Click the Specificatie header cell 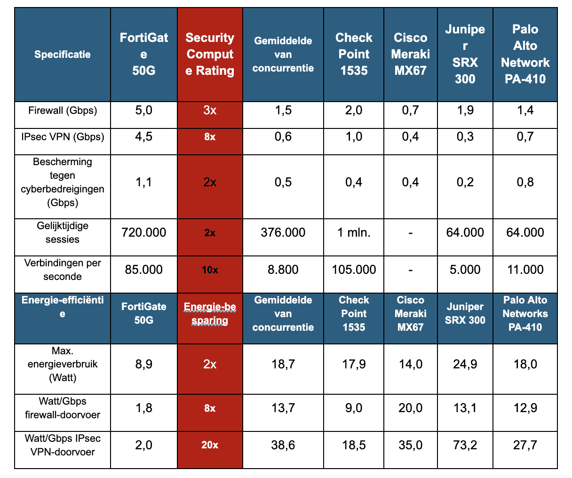(x=63, y=55)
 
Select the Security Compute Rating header (x=210, y=54)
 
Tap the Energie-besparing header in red (x=210, y=314)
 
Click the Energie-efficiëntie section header (x=63, y=307)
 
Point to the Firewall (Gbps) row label (x=63, y=111)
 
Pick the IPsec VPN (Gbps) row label (x=63, y=137)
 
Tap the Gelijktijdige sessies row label (x=63, y=232)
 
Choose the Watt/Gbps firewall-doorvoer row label (x=63, y=408)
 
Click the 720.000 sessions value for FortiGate (x=144, y=232)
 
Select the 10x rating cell (x=210, y=270)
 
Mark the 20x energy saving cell (x=210, y=445)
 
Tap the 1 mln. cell (x=354, y=232)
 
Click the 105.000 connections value (x=354, y=270)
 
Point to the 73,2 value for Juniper (x=465, y=445)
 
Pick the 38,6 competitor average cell (x=283, y=445)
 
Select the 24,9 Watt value (x=465, y=364)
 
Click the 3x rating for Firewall (x=210, y=111)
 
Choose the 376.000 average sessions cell (x=283, y=232)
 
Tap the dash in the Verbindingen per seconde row (x=411, y=270)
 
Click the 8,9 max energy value (x=144, y=364)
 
